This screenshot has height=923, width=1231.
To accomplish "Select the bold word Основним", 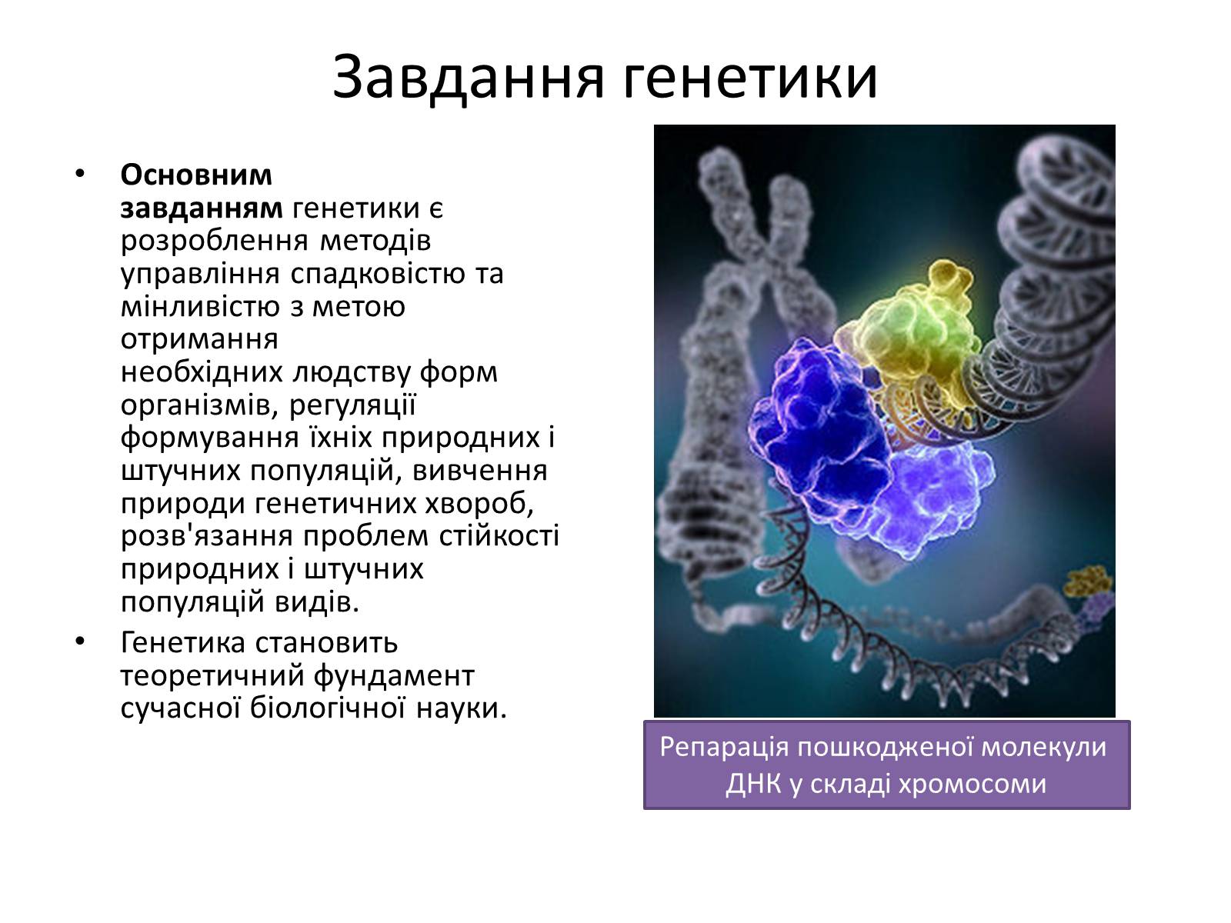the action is coord(195,175).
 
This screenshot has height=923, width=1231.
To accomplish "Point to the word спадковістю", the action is coord(378,275).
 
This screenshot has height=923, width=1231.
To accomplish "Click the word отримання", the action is coord(199,341).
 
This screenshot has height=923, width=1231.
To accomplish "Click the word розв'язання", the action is coord(206,536).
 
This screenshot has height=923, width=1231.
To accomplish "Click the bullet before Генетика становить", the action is coord(80,641).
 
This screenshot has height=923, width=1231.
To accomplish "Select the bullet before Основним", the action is coord(80,175).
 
